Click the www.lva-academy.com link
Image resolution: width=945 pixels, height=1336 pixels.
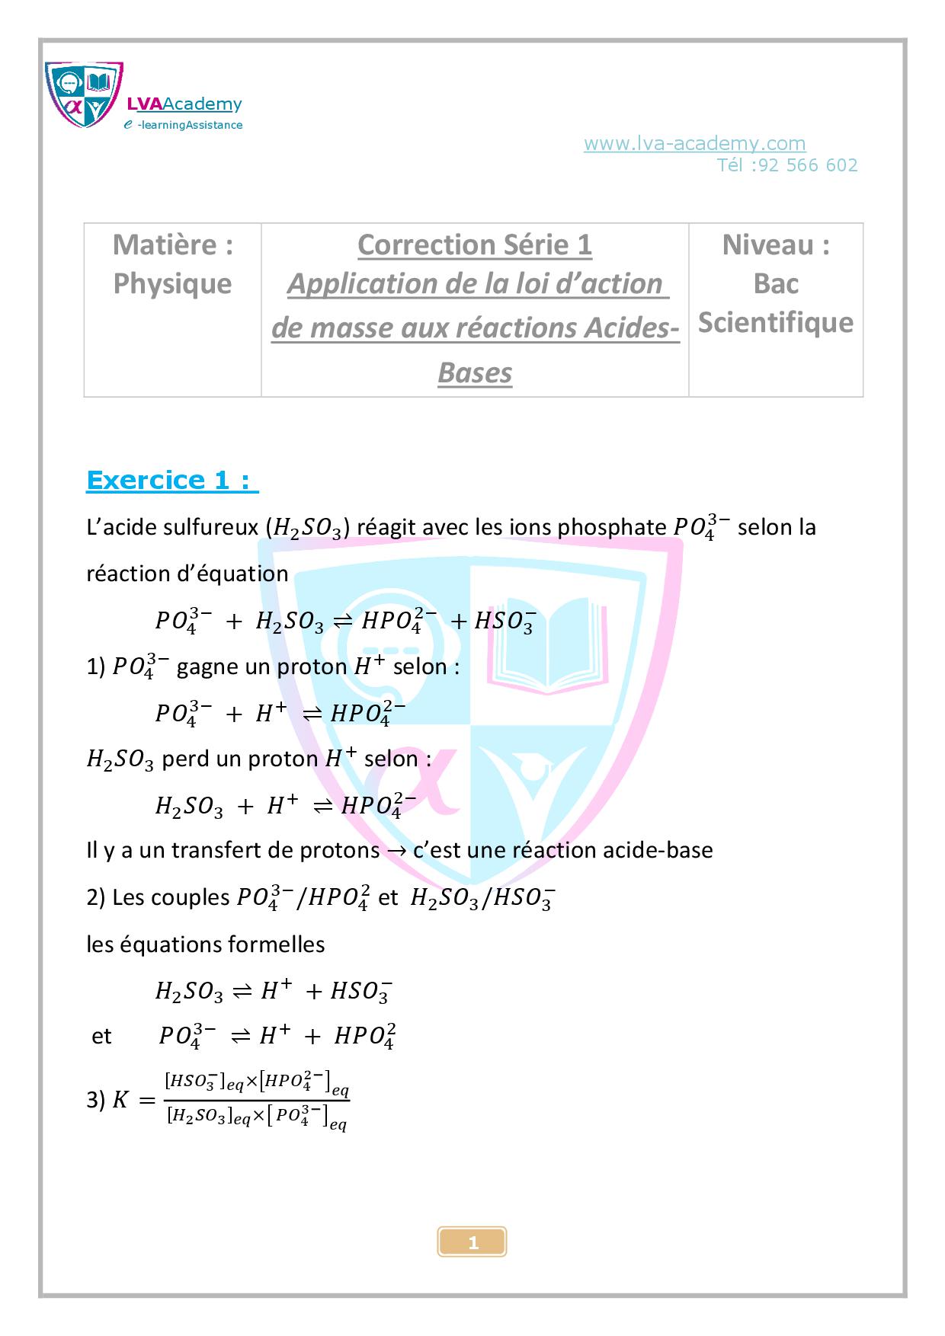coord(694,143)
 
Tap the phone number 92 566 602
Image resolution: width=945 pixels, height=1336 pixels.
coord(809,165)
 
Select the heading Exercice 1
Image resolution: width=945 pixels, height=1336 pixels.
coord(172,481)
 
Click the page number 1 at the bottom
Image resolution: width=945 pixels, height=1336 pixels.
coord(472,1243)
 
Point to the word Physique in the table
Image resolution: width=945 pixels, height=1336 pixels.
coord(172,284)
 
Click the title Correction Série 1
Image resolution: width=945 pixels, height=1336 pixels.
coord(474,245)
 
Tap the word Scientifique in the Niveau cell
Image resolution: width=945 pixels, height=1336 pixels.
coord(775,322)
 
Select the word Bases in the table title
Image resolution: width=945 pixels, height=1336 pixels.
coord(474,373)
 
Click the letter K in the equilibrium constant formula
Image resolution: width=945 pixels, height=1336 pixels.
coord(120,1100)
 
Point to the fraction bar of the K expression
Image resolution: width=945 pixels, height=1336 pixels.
coord(256,1100)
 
